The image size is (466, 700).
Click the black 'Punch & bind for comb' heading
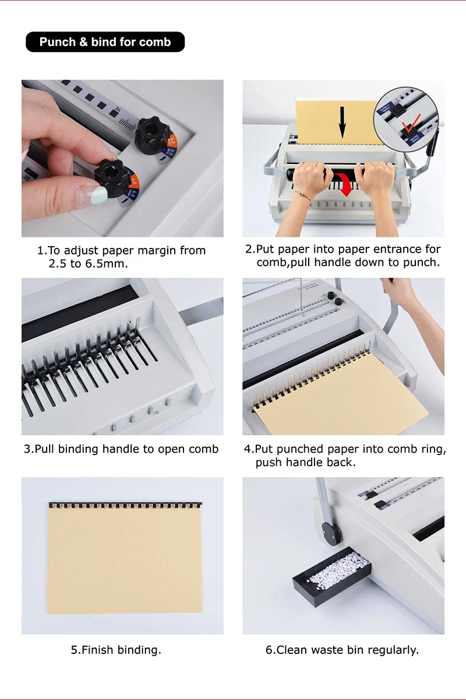coord(105,42)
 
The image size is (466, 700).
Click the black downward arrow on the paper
coord(343,122)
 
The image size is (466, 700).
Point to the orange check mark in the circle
coord(411,123)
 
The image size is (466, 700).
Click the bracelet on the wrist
coord(303,195)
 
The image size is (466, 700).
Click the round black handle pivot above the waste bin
coord(331,534)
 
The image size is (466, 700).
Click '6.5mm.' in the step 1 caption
coord(107,264)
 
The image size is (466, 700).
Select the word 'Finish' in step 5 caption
coord(98,650)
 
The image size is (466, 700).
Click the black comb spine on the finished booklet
coord(125,505)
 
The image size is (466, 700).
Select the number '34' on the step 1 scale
coord(118,108)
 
